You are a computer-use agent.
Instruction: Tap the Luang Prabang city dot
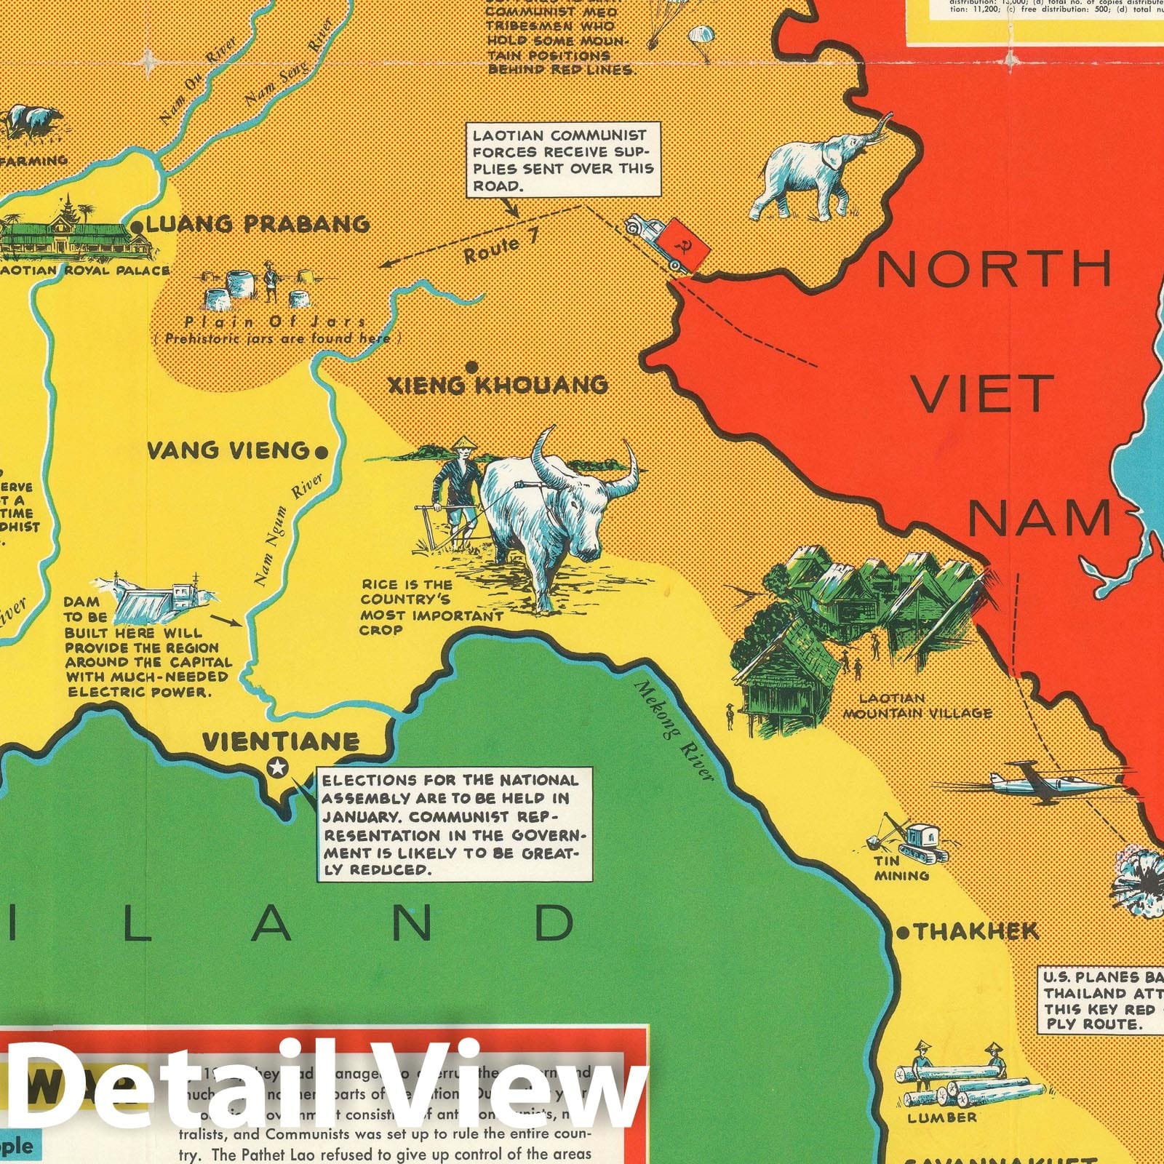(x=137, y=228)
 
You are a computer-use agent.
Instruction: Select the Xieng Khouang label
(x=498, y=385)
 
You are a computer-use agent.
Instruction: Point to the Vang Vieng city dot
(x=319, y=453)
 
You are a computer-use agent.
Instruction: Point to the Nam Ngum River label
(x=285, y=531)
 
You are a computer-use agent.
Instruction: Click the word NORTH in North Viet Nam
(x=994, y=268)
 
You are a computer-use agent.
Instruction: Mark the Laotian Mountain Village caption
(x=917, y=706)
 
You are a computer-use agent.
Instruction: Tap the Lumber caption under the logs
(x=942, y=1117)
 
